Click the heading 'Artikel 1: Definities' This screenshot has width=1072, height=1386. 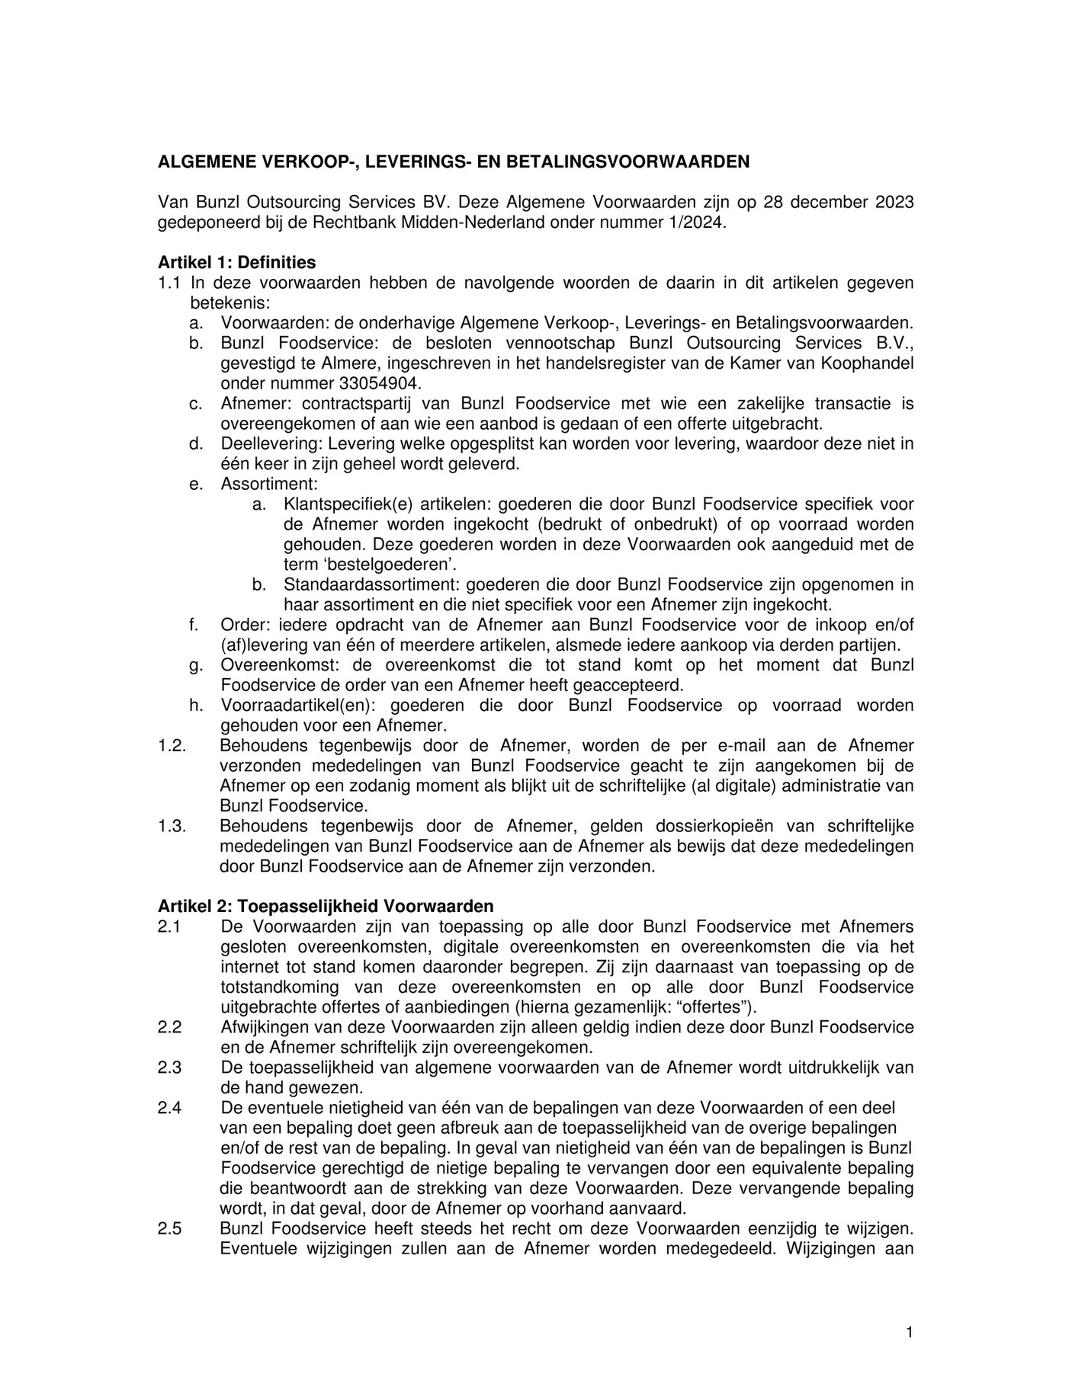click(x=236, y=263)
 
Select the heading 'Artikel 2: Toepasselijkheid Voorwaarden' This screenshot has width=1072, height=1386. click(x=326, y=907)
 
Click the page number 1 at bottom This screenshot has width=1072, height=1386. click(x=909, y=1310)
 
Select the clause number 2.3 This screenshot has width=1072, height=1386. click(x=169, y=1068)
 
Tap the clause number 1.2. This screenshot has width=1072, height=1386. click(x=172, y=746)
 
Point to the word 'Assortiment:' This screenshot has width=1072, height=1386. click(x=269, y=484)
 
